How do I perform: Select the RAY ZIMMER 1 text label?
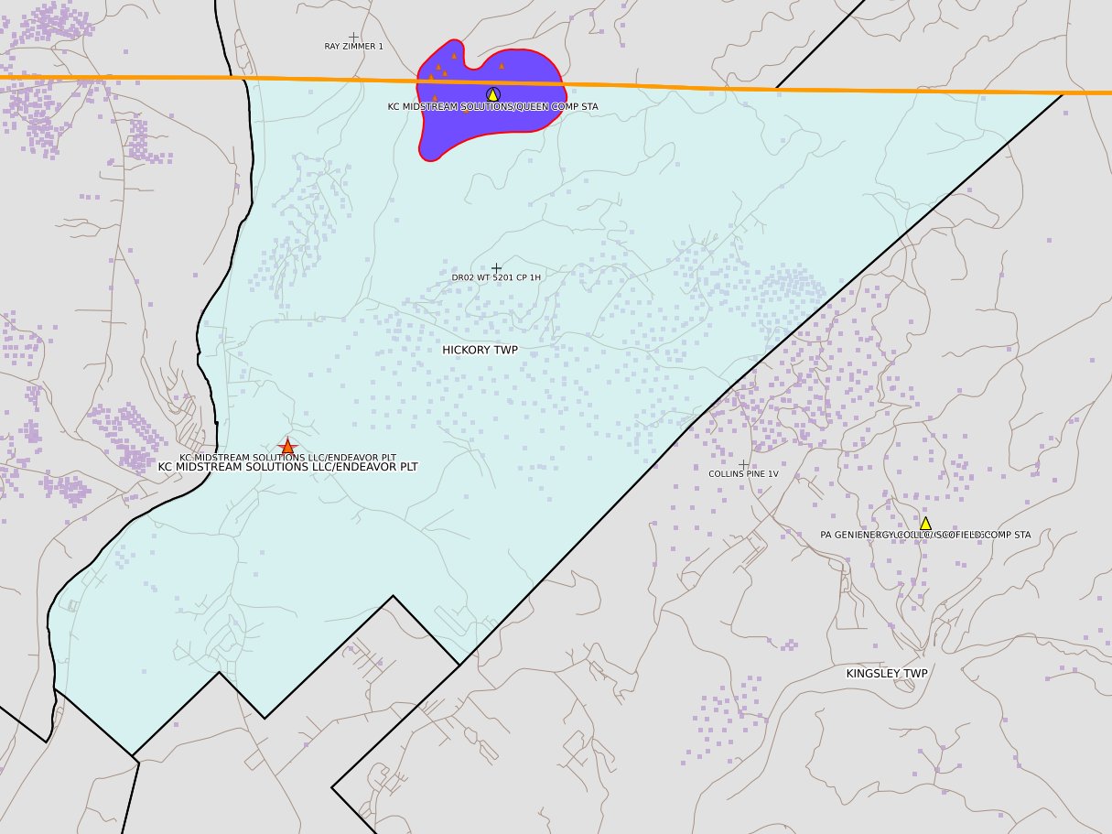click(x=353, y=47)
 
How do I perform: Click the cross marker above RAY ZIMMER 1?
click(x=353, y=37)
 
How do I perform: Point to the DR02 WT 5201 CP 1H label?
click(x=496, y=277)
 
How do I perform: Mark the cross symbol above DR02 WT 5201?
click(x=496, y=267)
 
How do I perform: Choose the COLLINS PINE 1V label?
click(x=743, y=474)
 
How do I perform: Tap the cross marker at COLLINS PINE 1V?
click(x=743, y=465)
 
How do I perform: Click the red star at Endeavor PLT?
click(x=287, y=447)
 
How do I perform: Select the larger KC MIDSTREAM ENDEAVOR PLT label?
click(x=287, y=467)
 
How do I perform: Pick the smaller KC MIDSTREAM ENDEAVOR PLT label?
click(x=287, y=457)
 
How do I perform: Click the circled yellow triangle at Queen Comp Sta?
click(x=492, y=94)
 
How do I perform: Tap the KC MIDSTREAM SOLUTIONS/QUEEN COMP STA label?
click(x=492, y=107)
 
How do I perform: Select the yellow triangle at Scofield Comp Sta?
click(x=925, y=523)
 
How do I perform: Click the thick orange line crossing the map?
click(x=732, y=86)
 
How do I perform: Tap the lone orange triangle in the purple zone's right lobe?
click(x=502, y=66)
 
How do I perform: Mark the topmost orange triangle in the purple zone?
click(x=454, y=56)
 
